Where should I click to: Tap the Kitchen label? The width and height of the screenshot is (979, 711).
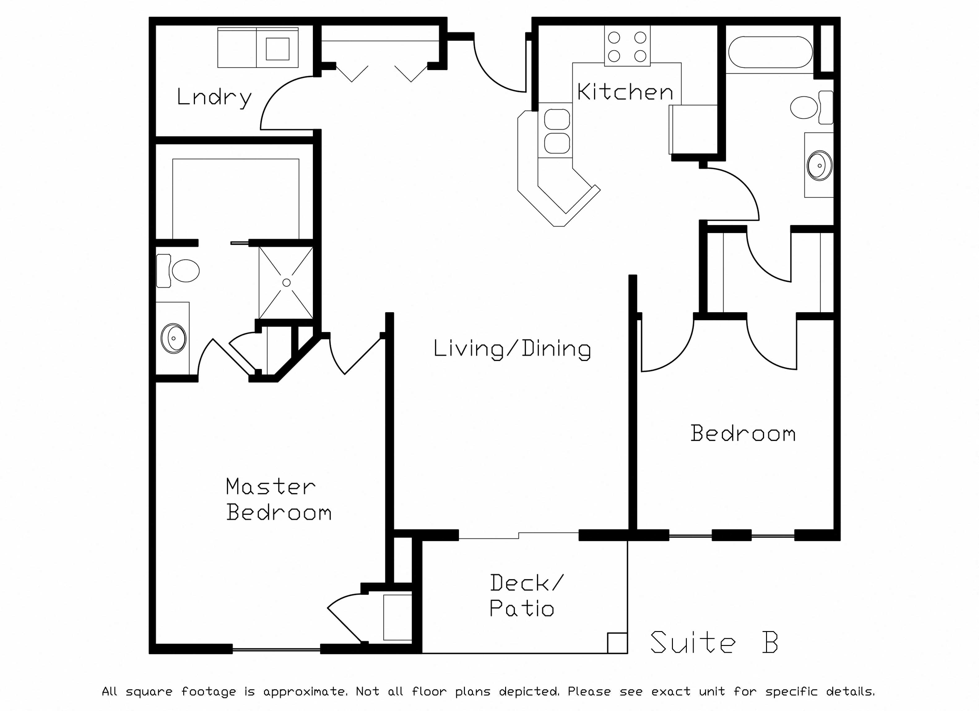click(625, 92)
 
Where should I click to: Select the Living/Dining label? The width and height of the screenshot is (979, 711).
click(512, 349)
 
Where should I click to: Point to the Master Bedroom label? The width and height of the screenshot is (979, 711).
click(279, 499)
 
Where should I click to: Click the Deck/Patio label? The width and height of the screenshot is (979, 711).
click(526, 596)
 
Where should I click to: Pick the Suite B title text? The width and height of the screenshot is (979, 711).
click(714, 642)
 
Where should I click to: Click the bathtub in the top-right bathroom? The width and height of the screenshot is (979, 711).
click(770, 52)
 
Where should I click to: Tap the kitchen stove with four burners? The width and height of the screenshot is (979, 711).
click(627, 46)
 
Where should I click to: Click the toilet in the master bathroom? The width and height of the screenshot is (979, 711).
click(178, 271)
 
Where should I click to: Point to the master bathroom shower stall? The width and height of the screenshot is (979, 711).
click(286, 283)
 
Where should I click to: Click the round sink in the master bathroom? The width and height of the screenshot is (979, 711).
click(174, 338)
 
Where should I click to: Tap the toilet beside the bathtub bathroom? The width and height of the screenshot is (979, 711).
click(812, 107)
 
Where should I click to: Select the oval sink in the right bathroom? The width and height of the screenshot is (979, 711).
click(819, 165)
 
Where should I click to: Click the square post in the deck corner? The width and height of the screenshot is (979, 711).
click(617, 643)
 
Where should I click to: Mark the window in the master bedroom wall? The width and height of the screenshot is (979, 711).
click(276, 649)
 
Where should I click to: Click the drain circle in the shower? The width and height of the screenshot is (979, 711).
click(286, 283)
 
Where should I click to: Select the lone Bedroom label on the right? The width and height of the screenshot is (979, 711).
click(743, 434)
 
